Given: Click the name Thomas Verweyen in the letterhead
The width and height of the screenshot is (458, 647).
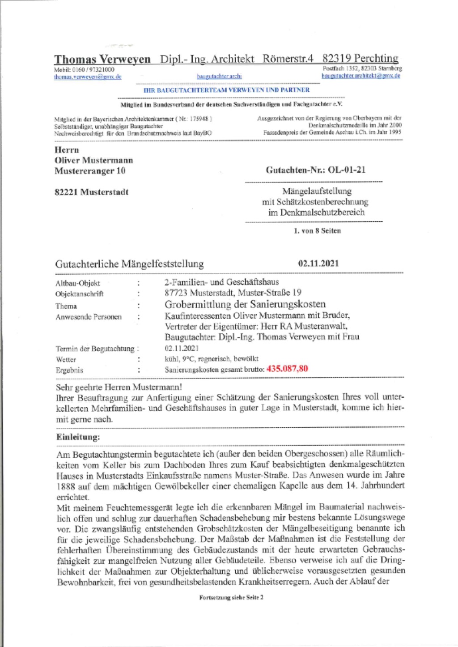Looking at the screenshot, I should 102,60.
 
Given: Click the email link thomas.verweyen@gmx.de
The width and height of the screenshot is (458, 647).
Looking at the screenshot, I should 88,77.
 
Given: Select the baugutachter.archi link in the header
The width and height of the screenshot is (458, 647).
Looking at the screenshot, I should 219,77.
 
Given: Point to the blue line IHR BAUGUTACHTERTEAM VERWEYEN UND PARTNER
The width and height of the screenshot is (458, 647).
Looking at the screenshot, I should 226,90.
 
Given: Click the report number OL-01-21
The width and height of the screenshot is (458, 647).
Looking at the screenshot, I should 347,170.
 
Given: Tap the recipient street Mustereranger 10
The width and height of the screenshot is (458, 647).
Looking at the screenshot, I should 90,171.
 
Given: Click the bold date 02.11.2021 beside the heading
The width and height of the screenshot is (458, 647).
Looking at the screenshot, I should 318,264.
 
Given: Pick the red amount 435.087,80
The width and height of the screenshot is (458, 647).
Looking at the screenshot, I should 287,369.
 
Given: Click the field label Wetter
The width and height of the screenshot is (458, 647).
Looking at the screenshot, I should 66,360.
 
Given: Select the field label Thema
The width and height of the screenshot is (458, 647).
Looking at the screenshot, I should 66,306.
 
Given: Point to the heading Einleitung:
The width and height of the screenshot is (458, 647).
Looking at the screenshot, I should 78,437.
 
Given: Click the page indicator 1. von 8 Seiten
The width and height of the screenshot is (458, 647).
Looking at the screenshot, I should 317,231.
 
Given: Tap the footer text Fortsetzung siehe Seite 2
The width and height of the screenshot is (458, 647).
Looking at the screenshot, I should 231,597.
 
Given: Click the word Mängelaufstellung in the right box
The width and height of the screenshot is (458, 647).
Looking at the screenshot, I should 317,192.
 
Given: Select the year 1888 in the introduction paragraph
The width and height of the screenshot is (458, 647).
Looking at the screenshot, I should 66,486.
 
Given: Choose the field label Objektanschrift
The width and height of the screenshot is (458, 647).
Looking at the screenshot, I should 80,294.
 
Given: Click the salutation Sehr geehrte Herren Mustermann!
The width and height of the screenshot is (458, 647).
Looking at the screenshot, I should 119,387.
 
